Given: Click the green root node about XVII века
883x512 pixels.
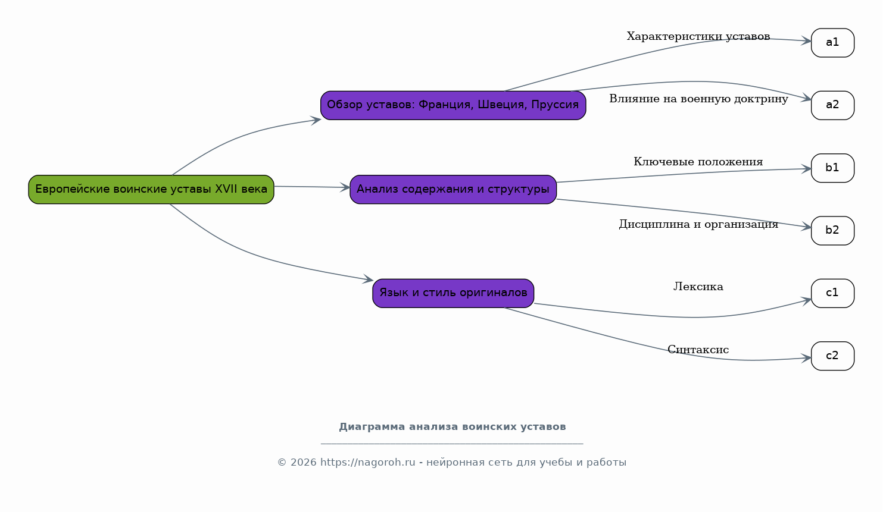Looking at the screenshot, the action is (x=151, y=190).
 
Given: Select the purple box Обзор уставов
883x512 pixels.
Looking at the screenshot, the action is (x=453, y=105).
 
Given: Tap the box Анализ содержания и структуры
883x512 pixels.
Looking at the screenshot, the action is (x=453, y=190).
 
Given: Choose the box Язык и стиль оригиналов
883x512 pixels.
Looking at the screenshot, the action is (x=453, y=293).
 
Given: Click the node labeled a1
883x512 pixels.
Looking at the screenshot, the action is (x=832, y=43).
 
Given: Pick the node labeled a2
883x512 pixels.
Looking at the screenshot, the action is (x=832, y=105).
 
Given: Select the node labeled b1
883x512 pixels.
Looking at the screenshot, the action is (x=832, y=168).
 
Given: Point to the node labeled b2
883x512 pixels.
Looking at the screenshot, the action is (x=832, y=231).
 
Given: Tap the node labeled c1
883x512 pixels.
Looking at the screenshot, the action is (x=832, y=293).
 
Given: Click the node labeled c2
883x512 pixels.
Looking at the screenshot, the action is (x=832, y=356).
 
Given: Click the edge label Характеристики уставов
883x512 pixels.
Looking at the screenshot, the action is (x=698, y=36).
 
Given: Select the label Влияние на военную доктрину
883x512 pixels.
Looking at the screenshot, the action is (x=698, y=99).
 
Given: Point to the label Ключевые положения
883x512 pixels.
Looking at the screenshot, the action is (x=698, y=162).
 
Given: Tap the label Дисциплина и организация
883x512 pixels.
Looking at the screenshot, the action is (x=698, y=224).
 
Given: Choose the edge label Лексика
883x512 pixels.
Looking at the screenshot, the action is (x=698, y=287).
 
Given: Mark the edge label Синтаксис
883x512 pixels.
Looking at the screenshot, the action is (x=698, y=349).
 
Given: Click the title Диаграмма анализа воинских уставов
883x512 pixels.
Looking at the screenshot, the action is (x=453, y=427).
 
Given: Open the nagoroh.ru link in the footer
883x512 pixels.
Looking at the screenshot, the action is (x=367, y=463).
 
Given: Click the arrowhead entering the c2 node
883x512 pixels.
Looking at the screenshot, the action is (x=806, y=359).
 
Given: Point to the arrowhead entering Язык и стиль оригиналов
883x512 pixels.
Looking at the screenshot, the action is (x=368, y=279).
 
